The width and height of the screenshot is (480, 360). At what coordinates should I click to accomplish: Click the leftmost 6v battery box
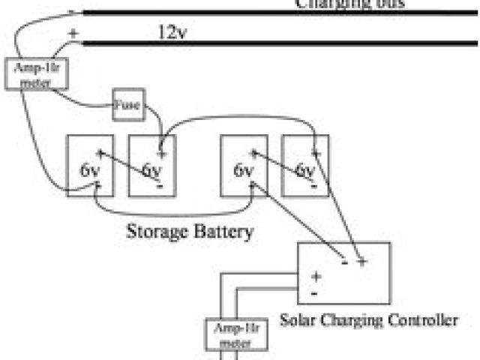coord(90,165)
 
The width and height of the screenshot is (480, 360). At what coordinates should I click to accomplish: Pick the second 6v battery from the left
coord(152,165)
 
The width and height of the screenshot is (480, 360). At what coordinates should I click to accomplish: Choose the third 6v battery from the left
coord(244,165)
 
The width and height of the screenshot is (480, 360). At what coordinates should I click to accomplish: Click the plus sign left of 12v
coord(73,34)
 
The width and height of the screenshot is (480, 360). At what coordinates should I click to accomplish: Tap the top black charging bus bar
coord(277,12)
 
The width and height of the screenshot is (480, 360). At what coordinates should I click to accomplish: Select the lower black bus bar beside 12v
coord(277,43)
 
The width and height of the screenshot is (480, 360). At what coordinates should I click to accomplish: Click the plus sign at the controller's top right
coord(362,262)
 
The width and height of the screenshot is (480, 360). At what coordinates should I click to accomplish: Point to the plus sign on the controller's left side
coord(316,277)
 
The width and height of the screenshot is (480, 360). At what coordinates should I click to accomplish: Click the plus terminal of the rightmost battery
coord(316,153)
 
